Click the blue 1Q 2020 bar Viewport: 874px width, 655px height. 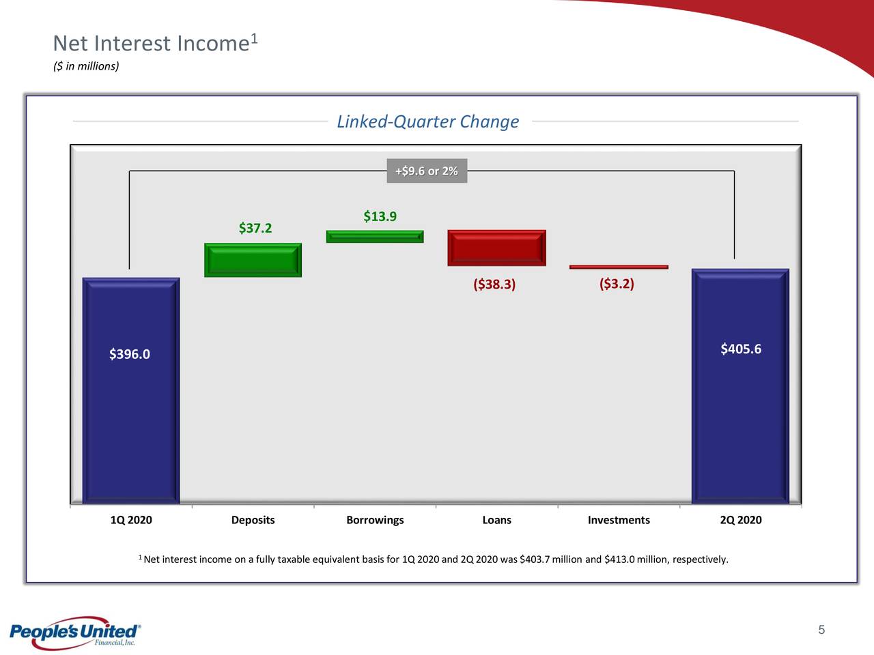[131, 391]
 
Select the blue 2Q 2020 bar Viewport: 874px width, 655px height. [740, 387]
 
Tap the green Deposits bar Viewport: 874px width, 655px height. [253, 260]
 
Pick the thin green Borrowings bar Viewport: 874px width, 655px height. [375, 237]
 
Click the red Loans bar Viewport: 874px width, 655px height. [496, 248]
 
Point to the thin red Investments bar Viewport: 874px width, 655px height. [619, 267]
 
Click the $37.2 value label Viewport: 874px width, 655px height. [255, 228]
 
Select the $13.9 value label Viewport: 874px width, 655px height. [380, 216]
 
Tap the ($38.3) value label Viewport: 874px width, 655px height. [494, 285]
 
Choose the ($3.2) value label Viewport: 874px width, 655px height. [617, 284]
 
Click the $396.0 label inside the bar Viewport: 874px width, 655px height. [130, 354]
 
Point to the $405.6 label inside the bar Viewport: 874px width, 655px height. [741, 349]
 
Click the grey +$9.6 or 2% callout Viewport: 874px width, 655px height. [427, 171]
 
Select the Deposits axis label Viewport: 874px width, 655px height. [253, 520]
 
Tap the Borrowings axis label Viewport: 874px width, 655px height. [375, 520]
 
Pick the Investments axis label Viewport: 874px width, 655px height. [619, 520]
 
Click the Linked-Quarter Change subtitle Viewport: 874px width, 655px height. [428, 121]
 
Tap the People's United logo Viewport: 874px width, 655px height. [75, 632]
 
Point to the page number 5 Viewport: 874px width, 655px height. [821, 630]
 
